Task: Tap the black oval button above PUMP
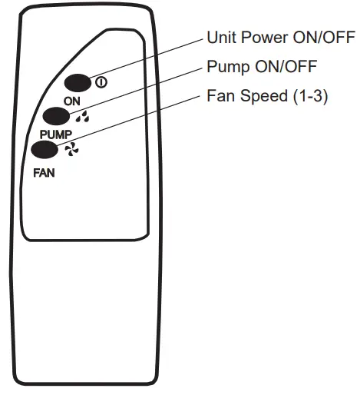pyautogui.click(x=58, y=116)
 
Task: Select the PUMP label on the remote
pyautogui.click(x=55, y=134)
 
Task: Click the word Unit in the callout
pyautogui.click(x=220, y=38)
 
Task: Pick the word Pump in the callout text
pyautogui.click(x=226, y=67)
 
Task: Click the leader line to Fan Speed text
pyautogui.click(x=138, y=121)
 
